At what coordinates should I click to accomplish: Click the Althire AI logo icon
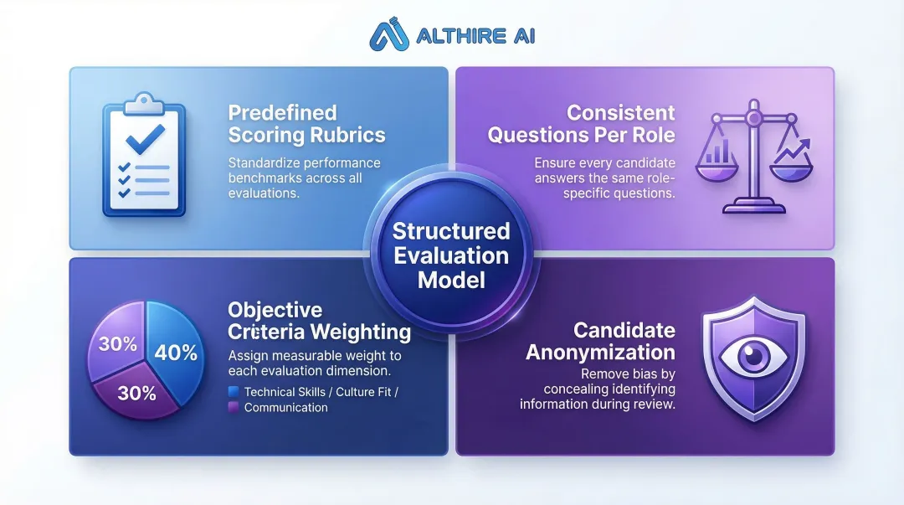coord(390,35)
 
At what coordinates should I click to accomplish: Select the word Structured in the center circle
coord(451,231)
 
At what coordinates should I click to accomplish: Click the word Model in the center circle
coord(451,279)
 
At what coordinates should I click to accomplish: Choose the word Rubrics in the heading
coord(345,135)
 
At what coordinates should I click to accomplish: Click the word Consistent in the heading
coord(620,113)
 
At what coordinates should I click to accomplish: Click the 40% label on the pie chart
coord(176,353)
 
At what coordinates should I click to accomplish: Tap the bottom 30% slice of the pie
coord(136,393)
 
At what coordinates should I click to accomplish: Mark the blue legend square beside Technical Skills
coord(234,391)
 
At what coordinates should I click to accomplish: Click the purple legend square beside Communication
coord(234,407)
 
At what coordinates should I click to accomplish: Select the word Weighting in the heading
coord(362,332)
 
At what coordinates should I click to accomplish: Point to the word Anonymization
coord(600,352)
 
